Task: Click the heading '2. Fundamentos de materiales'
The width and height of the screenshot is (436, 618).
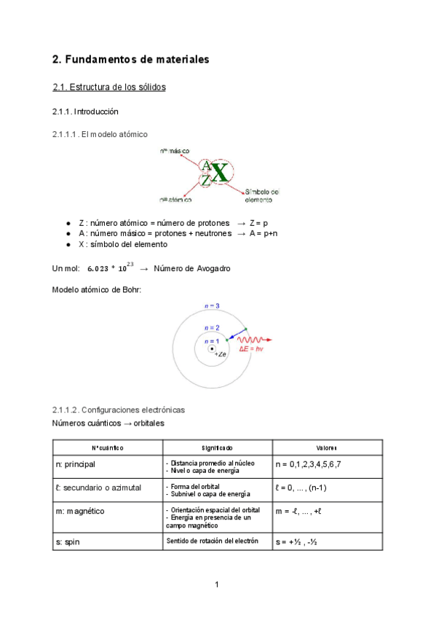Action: (x=131, y=59)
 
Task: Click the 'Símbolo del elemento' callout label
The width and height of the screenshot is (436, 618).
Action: (x=262, y=195)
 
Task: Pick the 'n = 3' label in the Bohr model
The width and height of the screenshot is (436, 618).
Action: (x=213, y=306)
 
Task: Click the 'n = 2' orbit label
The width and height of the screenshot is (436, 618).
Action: (x=211, y=329)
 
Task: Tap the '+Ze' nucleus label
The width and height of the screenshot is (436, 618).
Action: (x=221, y=353)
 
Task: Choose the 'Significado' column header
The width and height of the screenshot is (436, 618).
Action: (x=217, y=447)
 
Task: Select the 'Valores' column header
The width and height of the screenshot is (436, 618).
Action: (x=326, y=447)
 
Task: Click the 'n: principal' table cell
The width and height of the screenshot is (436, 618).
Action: (x=76, y=464)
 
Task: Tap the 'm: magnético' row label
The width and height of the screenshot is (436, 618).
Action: (x=80, y=512)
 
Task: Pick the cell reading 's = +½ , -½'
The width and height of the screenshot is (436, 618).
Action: (x=301, y=542)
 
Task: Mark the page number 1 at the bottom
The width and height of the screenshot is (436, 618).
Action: (x=217, y=584)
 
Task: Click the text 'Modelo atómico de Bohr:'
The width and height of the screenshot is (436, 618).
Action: (x=97, y=289)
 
